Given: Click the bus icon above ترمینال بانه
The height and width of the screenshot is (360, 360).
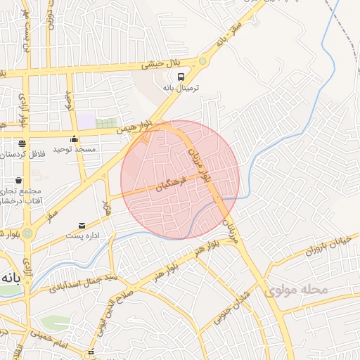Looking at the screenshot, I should [x=181, y=77].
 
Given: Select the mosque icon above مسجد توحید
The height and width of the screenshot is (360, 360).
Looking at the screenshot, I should [x=74, y=139].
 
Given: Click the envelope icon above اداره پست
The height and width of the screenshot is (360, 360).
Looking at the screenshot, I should [x=83, y=225].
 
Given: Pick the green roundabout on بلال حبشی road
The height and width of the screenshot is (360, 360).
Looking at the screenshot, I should [x=202, y=61].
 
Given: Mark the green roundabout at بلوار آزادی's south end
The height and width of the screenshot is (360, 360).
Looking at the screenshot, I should [x=27, y=233].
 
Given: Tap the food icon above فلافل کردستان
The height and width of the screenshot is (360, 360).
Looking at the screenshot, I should [x=22, y=143].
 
